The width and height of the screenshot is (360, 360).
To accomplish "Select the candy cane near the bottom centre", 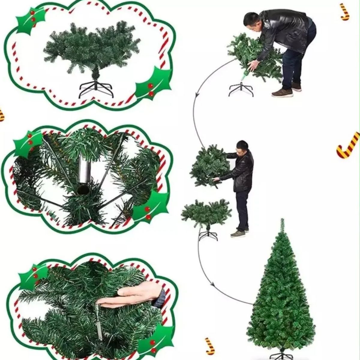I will (x=209, y=346).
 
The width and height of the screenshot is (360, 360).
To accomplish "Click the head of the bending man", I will (x=251, y=21).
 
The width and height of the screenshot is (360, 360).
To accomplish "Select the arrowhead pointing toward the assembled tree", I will (x=212, y=285).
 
